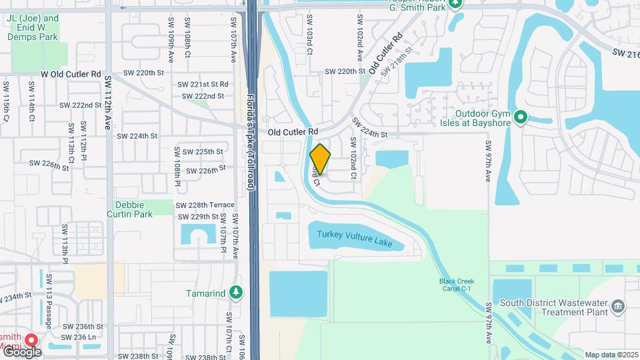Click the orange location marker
(x=321, y=159)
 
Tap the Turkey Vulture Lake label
(x=355, y=238)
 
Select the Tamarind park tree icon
(x=235, y=292)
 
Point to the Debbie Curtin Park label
(x=129, y=209)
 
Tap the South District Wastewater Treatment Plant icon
(x=618, y=307)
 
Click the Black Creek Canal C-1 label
(x=457, y=285)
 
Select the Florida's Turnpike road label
(x=252, y=143)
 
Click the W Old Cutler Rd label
(x=71, y=74)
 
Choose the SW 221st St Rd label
(x=203, y=84)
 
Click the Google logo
(x=21, y=351)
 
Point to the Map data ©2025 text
(x=611, y=355)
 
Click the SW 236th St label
(x=83, y=327)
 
